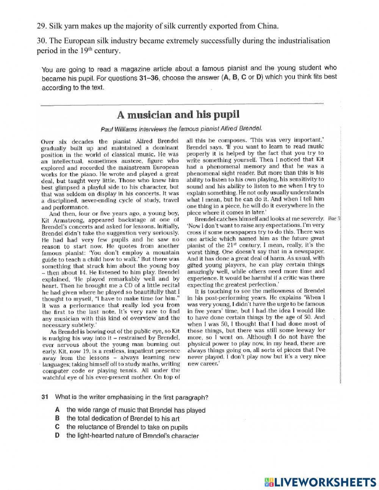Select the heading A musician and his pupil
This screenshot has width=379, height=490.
(x=178, y=114)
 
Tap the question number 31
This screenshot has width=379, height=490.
(x=44, y=397)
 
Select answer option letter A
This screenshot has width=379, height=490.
(x=57, y=410)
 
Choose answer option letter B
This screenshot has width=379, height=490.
(x=57, y=418)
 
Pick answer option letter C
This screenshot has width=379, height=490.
(x=57, y=427)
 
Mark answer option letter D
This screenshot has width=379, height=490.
(x=57, y=435)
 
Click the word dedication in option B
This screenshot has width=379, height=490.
(x=106, y=419)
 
